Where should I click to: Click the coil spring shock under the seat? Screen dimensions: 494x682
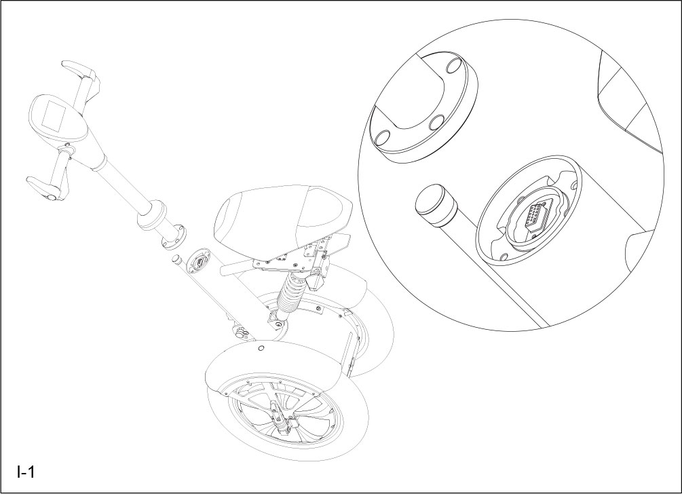click(290, 295)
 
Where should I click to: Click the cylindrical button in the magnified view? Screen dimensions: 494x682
click(434, 204)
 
